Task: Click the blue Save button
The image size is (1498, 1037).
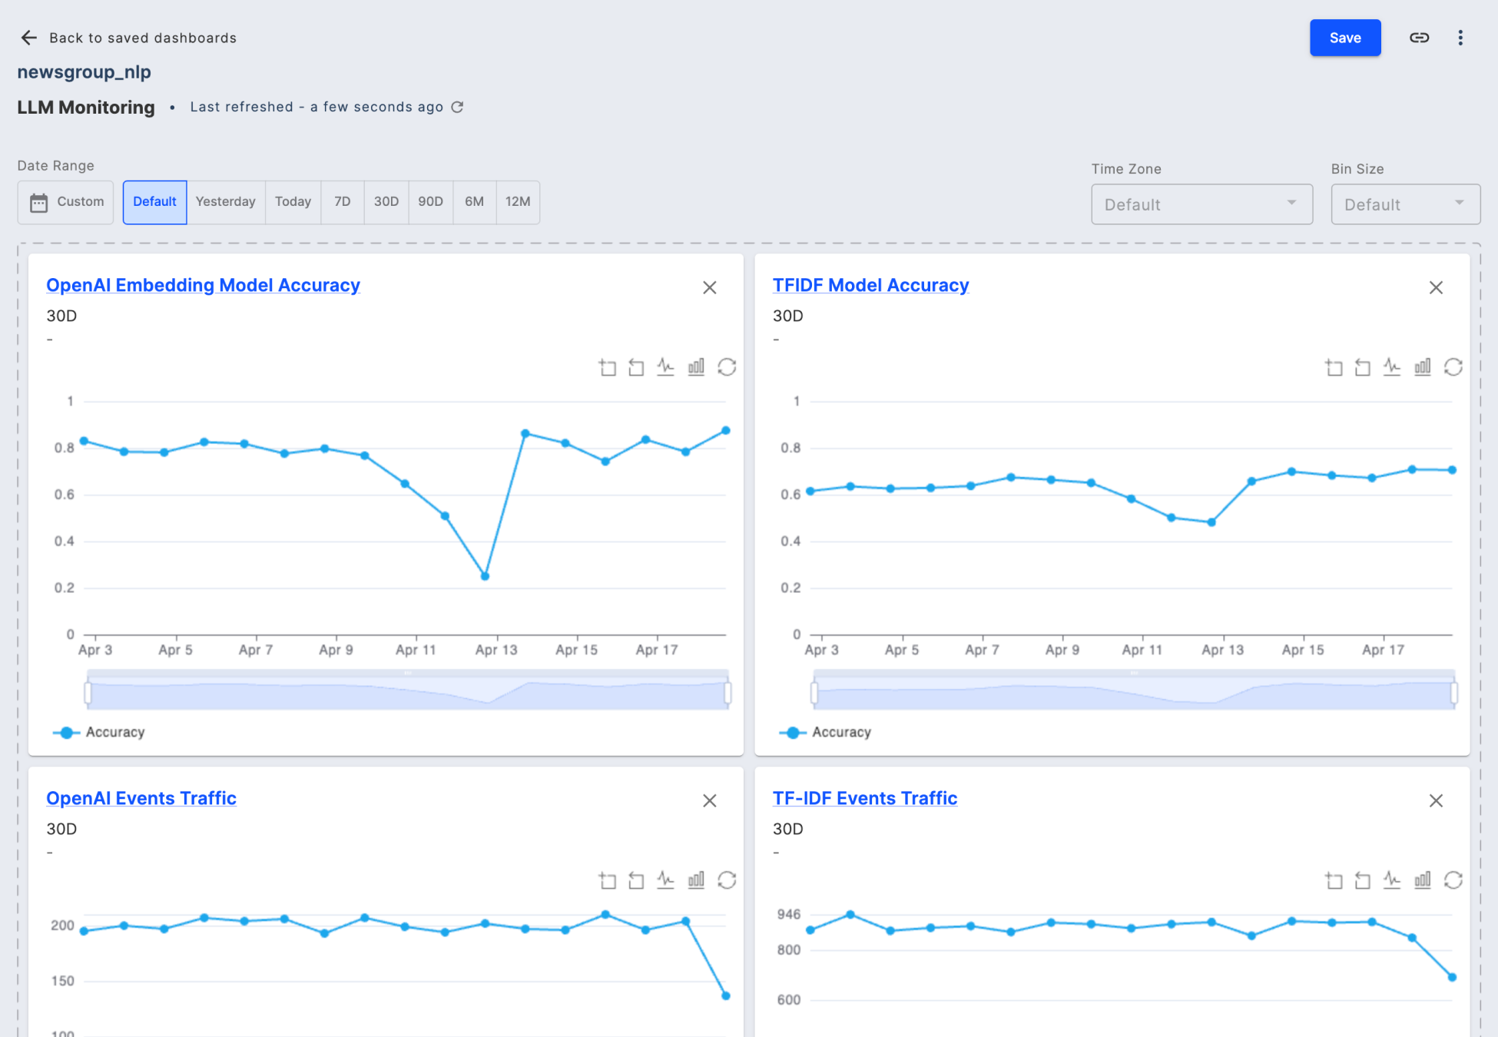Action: click(x=1344, y=38)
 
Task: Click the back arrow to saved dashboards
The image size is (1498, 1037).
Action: click(x=29, y=38)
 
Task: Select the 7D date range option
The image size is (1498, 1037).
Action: click(x=343, y=202)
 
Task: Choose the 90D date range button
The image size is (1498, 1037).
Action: click(x=430, y=202)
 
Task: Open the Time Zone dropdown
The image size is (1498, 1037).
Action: click(x=1201, y=204)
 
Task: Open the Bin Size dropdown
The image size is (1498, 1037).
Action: click(x=1404, y=204)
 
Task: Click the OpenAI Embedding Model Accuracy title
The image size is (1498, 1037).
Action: click(x=203, y=285)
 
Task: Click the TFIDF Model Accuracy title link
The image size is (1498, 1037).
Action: click(x=870, y=285)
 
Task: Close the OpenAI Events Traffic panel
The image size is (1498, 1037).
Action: click(x=709, y=801)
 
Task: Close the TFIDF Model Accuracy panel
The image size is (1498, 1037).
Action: click(x=1435, y=288)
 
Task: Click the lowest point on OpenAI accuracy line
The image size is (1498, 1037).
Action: click(x=485, y=576)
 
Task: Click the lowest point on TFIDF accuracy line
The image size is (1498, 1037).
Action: click(x=1211, y=522)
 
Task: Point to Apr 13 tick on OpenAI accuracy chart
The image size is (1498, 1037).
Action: click(x=496, y=650)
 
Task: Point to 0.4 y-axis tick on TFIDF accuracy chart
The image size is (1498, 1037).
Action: click(x=790, y=542)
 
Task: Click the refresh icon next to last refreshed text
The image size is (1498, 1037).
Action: click(x=457, y=107)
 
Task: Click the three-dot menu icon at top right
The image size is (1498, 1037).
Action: click(x=1460, y=38)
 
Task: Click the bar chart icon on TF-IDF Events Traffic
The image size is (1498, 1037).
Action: click(x=1422, y=880)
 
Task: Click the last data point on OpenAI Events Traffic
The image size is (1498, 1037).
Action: click(x=725, y=996)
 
